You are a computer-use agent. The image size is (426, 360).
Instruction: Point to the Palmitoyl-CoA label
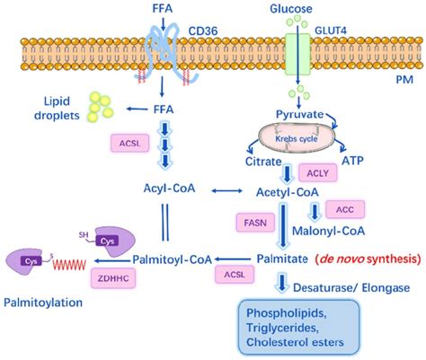click(x=173, y=259)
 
